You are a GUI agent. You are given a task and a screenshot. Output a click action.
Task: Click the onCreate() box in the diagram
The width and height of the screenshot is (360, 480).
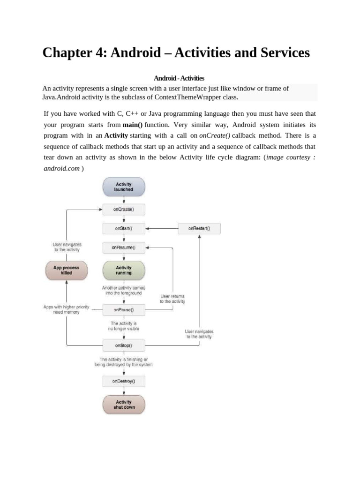pyautogui.click(x=124, y=210)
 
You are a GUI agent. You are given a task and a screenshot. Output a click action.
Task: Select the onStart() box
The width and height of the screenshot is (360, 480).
pyautogui.click(x=124, y=229)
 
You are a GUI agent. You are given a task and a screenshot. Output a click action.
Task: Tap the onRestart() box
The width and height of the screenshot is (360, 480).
pyautogui.click(x=199, y=229)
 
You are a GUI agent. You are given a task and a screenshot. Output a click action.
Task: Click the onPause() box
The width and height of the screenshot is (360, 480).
pyautogui.click(x=124, y=309)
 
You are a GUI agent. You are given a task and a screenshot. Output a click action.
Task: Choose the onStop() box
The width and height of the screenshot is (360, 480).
pyautogui.click(x=124, y=345)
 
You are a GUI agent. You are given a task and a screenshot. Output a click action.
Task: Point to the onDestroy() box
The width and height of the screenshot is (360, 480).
pyautogui.click(x=124, y=381)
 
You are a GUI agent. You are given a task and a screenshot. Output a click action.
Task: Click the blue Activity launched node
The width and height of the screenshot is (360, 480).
pyautogui.click(x=124, y=187)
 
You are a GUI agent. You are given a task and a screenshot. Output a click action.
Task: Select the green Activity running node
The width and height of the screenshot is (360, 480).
pyautogui.click(x=124, y=270)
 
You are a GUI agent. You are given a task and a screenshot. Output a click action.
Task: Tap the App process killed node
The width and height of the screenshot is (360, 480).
pyautogui.click(x=67, y=270)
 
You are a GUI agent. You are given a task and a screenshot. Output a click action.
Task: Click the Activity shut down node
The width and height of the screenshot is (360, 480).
pyautogui.click(x=124, y=405)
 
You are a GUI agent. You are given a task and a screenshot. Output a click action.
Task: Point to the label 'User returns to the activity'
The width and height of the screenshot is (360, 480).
pyautogui.click(x=172, y=299)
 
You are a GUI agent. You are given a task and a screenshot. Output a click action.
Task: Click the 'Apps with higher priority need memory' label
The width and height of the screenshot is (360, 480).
pyautogui.click(x=66, y=309)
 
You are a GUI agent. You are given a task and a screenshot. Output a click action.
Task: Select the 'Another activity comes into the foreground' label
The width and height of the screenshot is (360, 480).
pyautogui.click(x=124, y=290)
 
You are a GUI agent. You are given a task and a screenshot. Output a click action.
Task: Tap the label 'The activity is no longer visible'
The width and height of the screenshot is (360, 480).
pyautogui.click(x=124, y=326)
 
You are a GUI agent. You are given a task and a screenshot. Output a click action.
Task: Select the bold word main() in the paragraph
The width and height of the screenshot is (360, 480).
pyautogui.click(x=133, y=125)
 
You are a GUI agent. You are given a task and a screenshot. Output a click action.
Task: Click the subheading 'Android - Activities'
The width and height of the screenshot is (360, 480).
pyautogui.click(x=180, y=78)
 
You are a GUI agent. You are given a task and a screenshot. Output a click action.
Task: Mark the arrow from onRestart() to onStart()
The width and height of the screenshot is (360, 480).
pyautogui.click(x=162, y=229)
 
